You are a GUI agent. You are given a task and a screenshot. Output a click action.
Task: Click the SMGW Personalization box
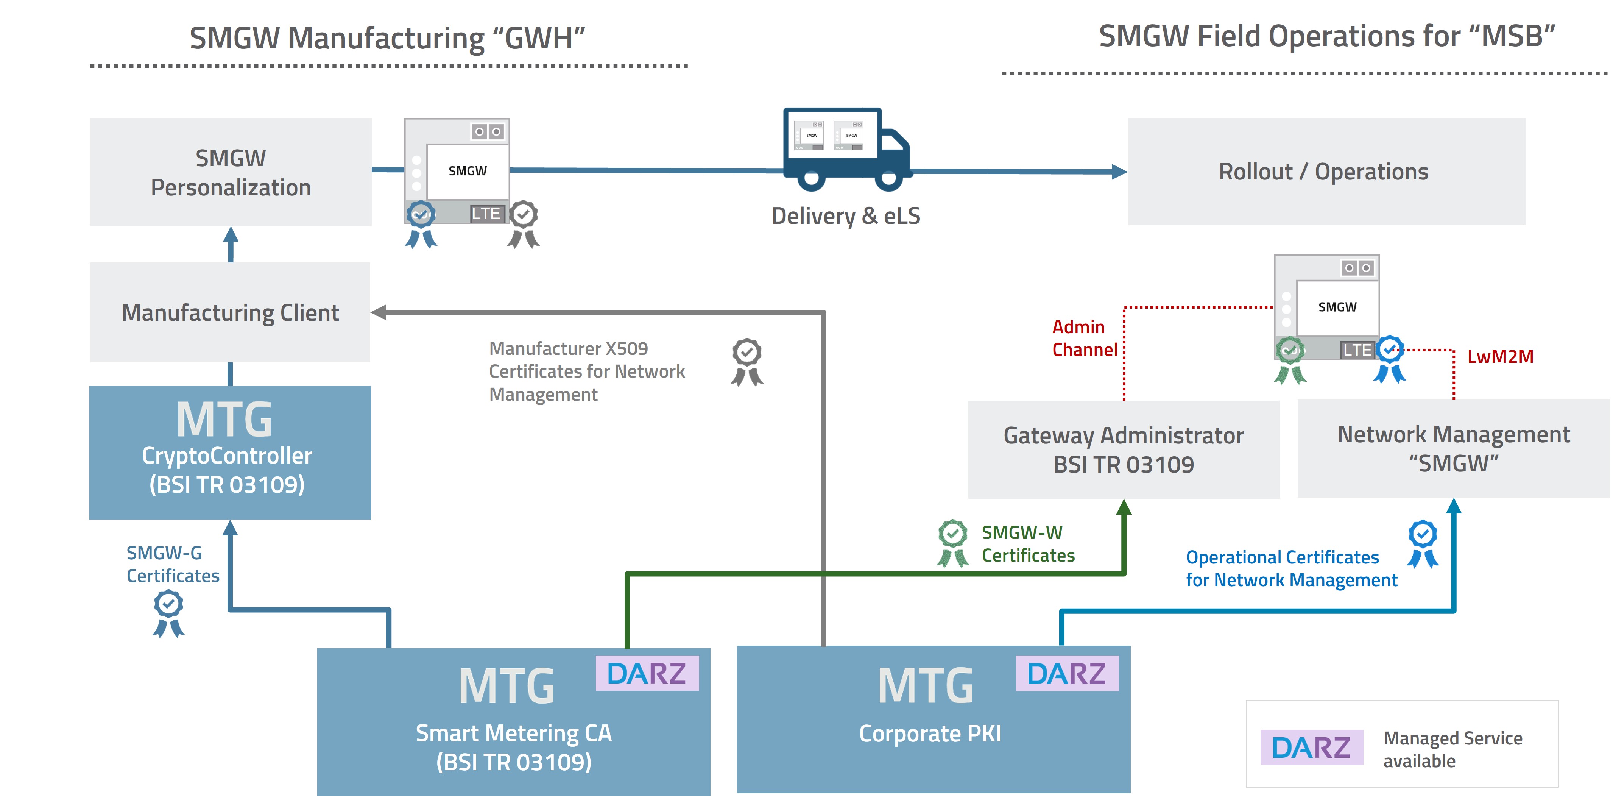click(231, 172)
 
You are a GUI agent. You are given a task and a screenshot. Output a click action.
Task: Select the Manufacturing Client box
click(231, 312)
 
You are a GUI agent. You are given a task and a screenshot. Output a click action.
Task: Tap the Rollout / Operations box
click(1326, 172)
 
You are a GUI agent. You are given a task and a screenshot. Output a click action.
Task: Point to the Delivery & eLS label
click(845, 216)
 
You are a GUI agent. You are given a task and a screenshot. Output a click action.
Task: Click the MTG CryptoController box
click(230, 452)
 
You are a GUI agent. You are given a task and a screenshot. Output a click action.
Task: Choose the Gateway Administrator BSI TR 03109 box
click(1123, 450)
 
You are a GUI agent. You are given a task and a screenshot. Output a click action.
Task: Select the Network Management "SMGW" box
click(1453, 448)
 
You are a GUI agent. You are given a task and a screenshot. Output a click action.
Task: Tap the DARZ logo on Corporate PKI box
click(1066, 673)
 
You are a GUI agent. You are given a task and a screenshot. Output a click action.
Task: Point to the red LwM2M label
click(1500, 356)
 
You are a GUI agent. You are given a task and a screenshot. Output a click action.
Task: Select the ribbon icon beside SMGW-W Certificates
click(952, 542)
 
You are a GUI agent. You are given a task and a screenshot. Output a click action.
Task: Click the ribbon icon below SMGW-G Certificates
click(168, 614)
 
